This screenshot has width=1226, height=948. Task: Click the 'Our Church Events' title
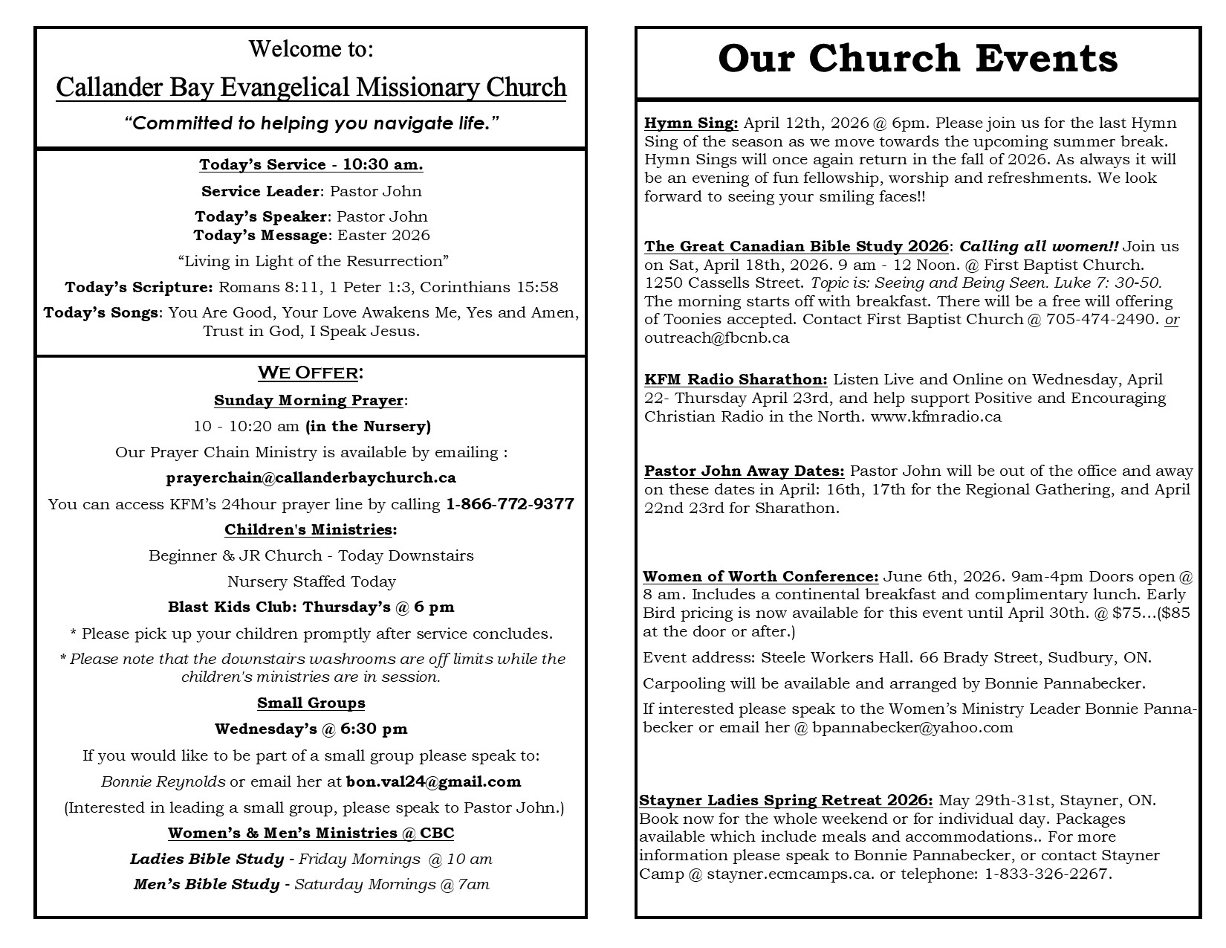point(918,59)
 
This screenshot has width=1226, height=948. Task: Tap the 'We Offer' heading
point(311,372)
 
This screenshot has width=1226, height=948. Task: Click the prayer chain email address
point(311,477)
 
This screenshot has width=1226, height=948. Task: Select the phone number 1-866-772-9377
point(510,504)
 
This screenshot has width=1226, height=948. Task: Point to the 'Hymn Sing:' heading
point(691,123)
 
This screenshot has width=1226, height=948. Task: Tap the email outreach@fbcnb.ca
point(716,338)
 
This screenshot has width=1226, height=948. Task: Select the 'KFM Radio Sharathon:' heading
point(736,379)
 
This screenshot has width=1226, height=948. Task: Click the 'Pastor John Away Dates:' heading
point(744,471)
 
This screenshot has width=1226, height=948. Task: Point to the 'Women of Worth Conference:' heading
point(760,576)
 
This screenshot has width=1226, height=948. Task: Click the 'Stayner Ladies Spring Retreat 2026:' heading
point(785,800)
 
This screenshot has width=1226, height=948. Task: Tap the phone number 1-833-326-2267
point(1047,874)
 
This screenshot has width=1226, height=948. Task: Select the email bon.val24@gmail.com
point(433,781)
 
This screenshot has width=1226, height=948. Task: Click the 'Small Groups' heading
point(311,703)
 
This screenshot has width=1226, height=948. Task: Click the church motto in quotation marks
point(311,123)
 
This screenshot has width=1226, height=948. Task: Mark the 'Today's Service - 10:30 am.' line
point(311,164)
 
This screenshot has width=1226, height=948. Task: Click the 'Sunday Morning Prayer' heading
point(308,400)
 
